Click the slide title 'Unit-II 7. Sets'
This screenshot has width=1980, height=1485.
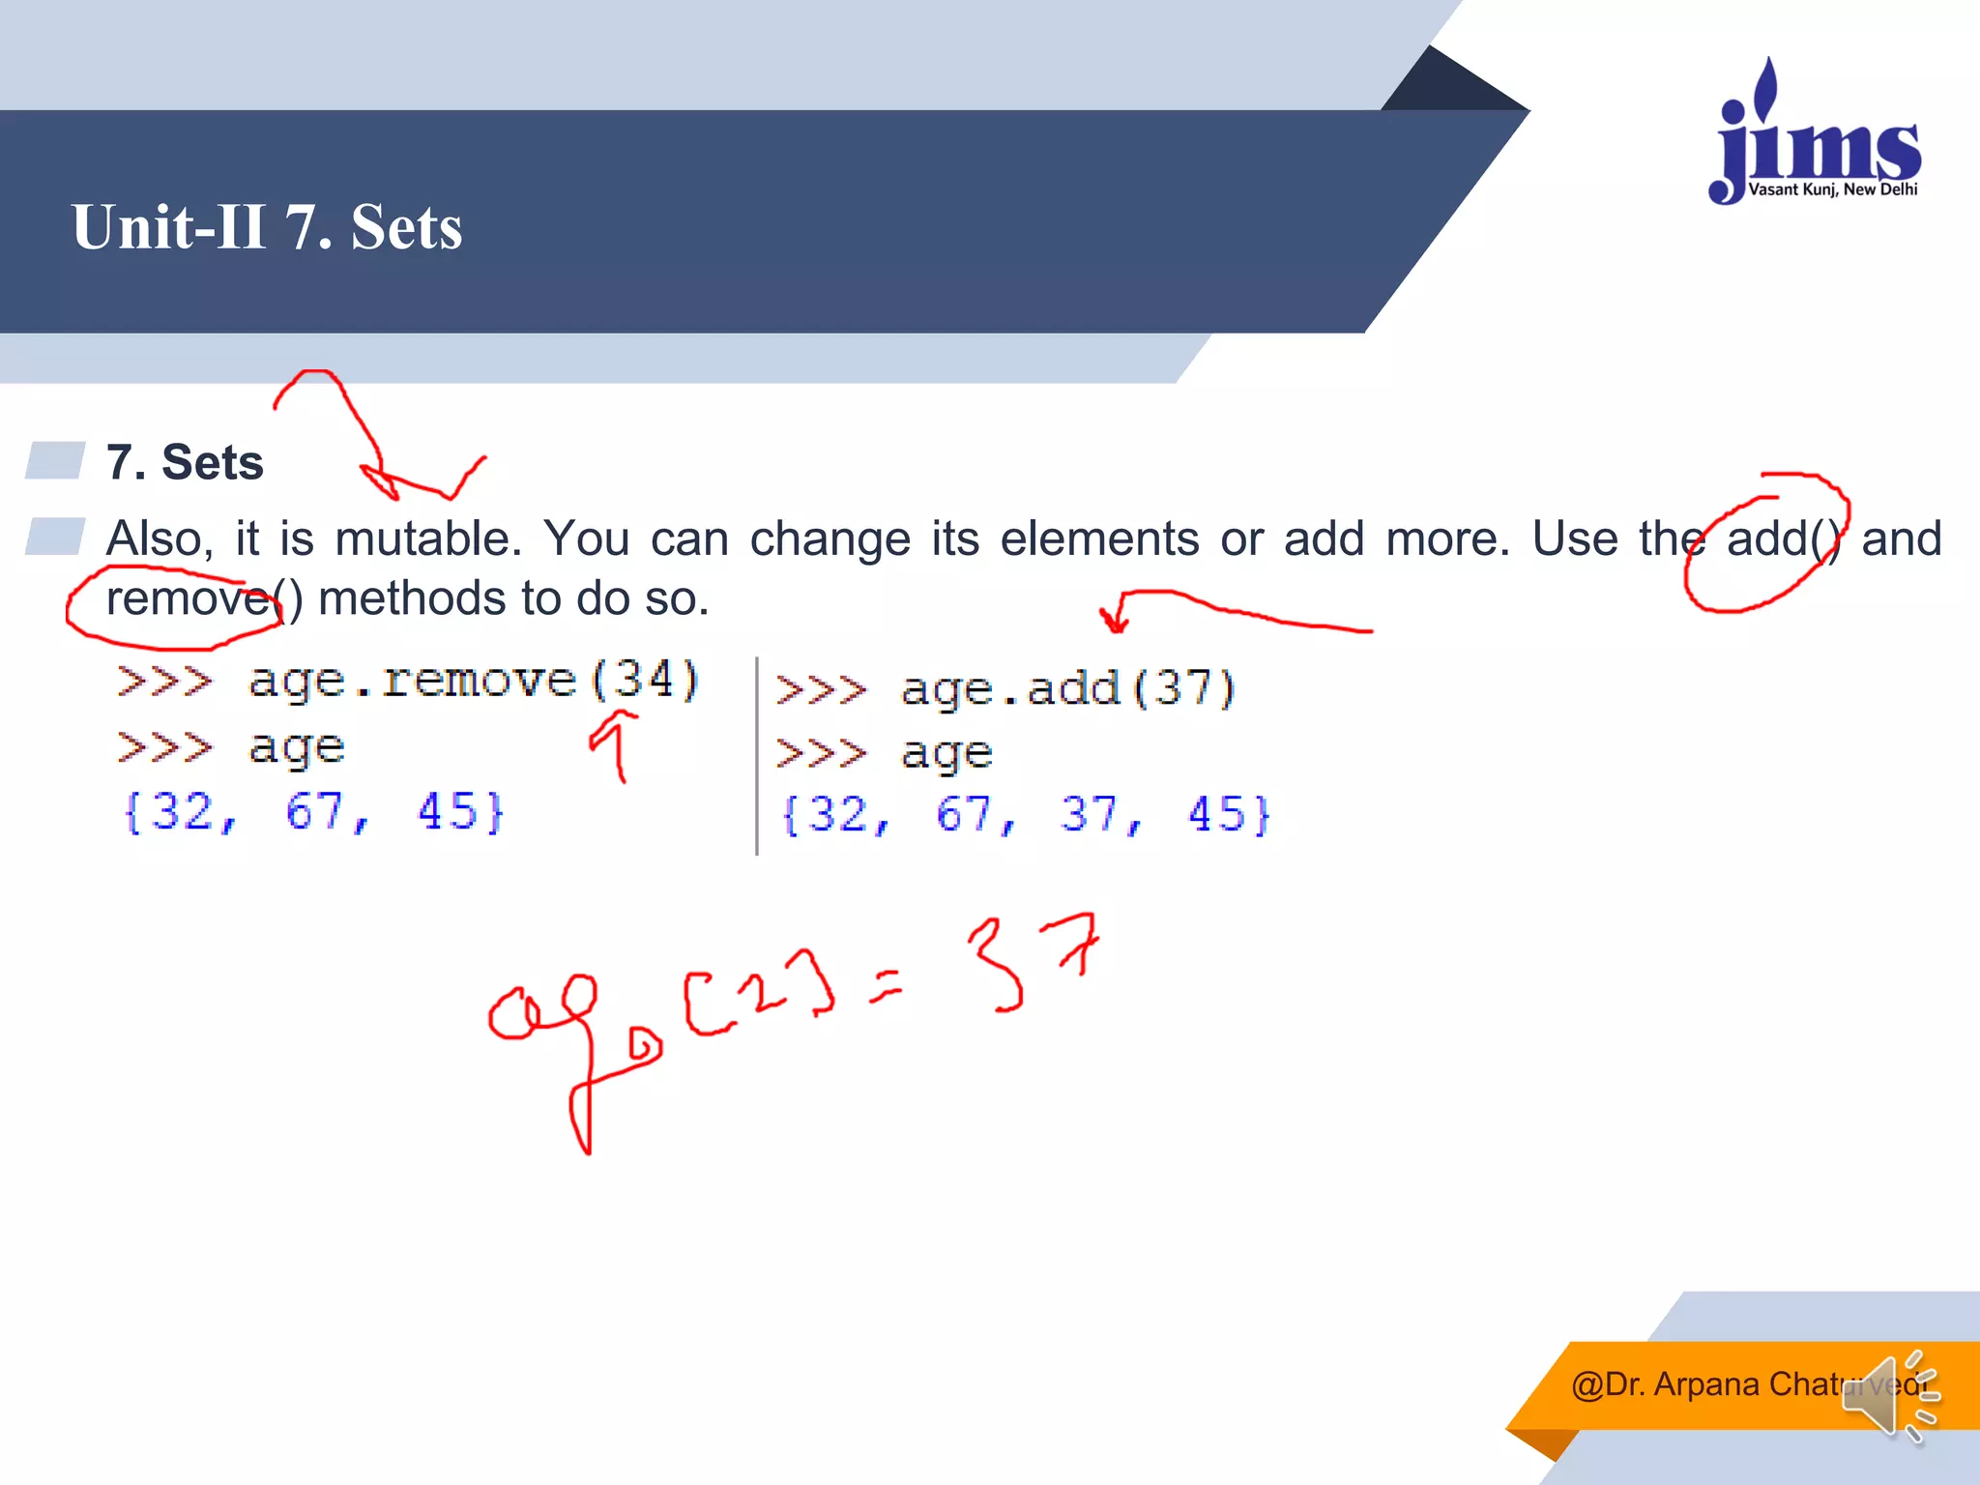tap(267, 227)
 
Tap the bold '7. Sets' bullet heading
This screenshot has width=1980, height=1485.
tap(185, 462)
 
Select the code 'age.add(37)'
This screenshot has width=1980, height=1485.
tap(1067, 689)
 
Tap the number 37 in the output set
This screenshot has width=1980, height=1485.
tap(1092, 814)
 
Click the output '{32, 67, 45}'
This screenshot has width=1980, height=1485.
tap(313, 811)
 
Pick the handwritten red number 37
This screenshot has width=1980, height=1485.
tap(1032, 959)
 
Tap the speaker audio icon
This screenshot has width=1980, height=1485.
tap(1890, 1396)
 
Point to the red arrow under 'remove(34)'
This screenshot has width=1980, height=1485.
tap(616, 744)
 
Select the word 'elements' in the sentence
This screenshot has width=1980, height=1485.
tap(1099, 539)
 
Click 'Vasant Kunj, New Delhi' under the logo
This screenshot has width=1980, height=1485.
tap(1832, 189)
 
